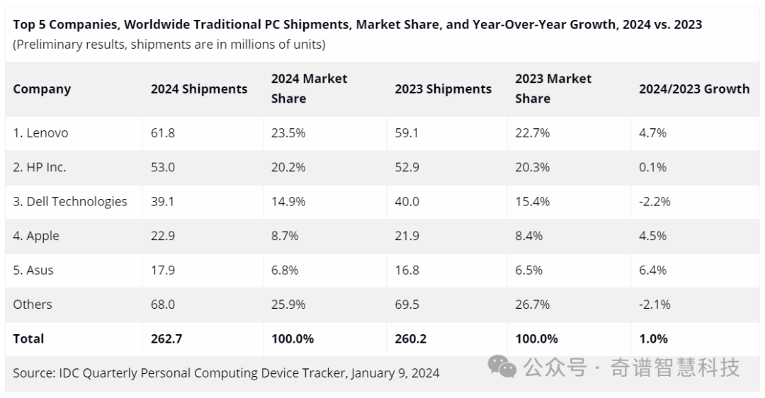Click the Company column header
[42, 89]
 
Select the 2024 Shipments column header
[199, 89]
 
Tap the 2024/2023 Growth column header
[694, 89]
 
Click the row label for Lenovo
[40, 132]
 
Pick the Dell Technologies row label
[69, 201]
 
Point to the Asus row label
[33, 271]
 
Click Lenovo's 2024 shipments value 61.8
[163, 132]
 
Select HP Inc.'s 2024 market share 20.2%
[288, 167]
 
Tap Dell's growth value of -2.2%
[654, 201]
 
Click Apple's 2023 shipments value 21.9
[407, 236]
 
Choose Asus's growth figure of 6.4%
[653, 271]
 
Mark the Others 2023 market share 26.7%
[532, 305]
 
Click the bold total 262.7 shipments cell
[166, 339]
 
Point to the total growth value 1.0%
[653, 339]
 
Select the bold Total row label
[28, 339]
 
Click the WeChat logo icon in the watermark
[502, 366]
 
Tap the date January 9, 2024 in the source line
[395, 373]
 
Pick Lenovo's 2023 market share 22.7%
[532, 132]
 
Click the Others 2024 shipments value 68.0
[163, 305]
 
